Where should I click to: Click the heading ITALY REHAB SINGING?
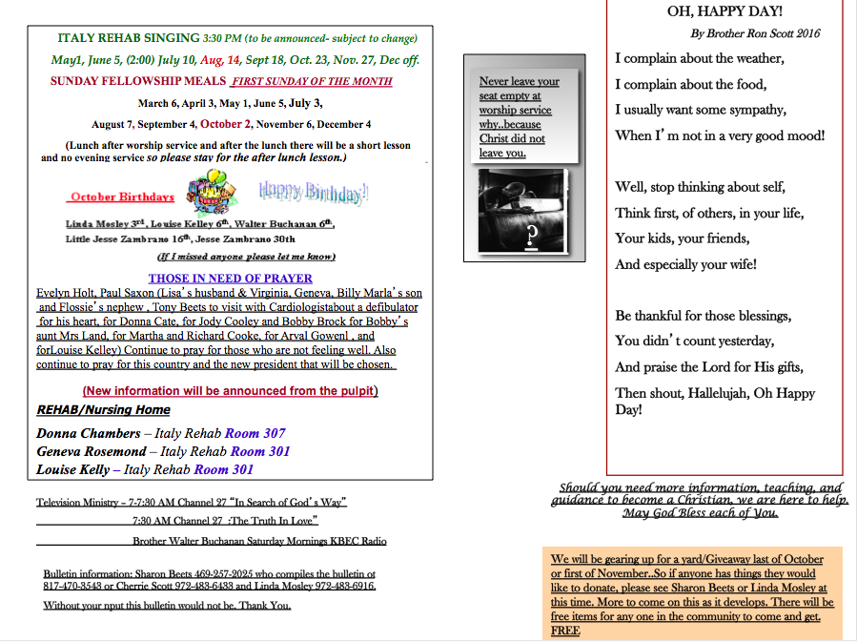(x=129, y=39)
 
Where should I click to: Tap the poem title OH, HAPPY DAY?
(x=724, y=11)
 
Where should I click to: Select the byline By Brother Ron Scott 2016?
(x=754, y=33)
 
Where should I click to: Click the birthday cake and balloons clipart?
(x=213, y=192)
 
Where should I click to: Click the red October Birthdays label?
(x=122, y=197)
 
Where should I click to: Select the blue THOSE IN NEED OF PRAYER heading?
(x=230, y=279)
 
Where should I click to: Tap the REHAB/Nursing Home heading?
(x=103, y=410)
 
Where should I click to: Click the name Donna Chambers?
(x=88, y=433)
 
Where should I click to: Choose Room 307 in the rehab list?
(x=255, y=433)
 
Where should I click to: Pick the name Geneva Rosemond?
(x=92, y=451)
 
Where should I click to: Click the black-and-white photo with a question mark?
(x=522, y=211)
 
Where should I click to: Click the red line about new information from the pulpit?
(x=230, y=391)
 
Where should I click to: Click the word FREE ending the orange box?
(x=565, y=631)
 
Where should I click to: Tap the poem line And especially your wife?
(x=685, y=264)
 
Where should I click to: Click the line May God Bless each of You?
(x=700, y=513)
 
